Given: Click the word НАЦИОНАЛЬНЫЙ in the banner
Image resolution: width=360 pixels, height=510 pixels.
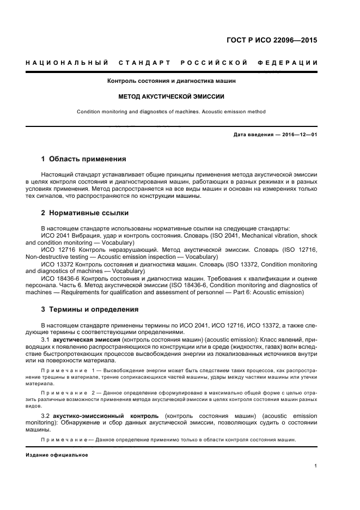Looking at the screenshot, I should click(66, 63).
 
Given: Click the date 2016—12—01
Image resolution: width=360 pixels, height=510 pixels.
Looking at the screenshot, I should click(298, 135).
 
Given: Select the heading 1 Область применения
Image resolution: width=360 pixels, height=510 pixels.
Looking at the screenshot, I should click(84, 160).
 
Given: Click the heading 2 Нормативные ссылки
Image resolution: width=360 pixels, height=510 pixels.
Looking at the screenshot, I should click(85, 213).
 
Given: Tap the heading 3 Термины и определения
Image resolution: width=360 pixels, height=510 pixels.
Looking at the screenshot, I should click(90, 309).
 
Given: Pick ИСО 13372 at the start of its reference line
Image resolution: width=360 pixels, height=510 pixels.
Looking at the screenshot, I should click(56, 264).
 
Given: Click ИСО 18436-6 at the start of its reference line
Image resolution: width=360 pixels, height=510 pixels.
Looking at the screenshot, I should click(59, 278).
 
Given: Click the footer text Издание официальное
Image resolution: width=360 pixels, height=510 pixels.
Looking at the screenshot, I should click(57, 455).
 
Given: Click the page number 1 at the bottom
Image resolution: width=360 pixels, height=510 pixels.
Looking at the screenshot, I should click(316, 466).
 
